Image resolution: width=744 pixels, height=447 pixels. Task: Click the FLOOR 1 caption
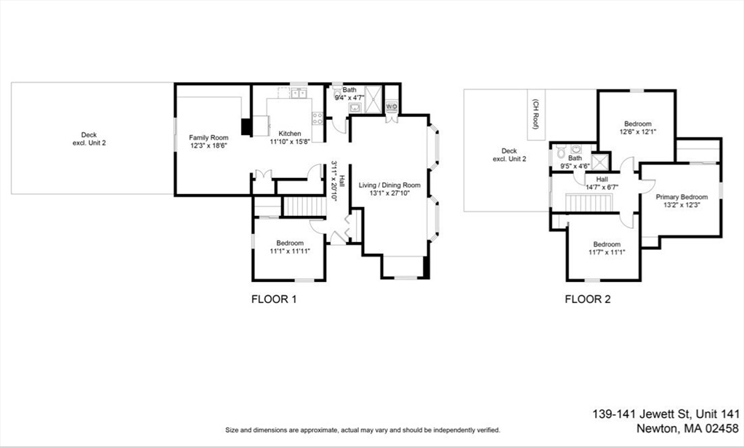tap(274, 299)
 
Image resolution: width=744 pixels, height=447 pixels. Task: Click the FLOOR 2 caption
tap(588, 299)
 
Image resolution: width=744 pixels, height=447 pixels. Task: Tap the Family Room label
tap(209, 137)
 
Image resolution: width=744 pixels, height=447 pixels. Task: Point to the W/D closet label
tap(391, 107)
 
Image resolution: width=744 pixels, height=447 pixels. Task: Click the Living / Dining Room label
tap(389, 185)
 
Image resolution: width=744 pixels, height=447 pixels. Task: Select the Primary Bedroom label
tap(682, 197)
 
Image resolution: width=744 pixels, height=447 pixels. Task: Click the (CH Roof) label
tap(536, 113)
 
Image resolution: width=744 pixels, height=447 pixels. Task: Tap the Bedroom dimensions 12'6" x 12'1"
tap(637, 132)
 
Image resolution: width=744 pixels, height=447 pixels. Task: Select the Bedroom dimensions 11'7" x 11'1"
tap(607, 252)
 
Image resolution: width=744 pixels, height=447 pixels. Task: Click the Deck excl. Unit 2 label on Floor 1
tap(89, 139)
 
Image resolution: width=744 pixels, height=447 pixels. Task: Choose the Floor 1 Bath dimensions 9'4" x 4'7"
tap(349, 96)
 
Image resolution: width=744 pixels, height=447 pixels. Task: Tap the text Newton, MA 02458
tap(687, 428)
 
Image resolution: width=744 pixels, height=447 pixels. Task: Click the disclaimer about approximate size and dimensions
tap(362, 430)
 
